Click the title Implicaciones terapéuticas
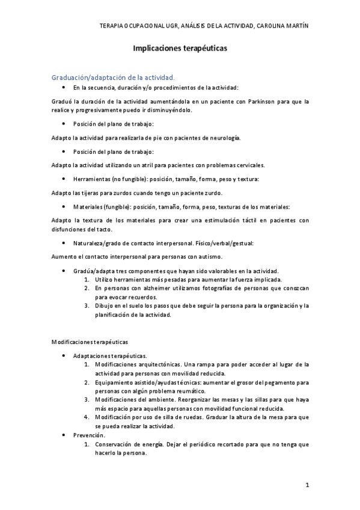[180, 51]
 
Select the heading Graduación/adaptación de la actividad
[114, 78]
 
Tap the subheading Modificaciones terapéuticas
[89, 342]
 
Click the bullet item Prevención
[90, 435]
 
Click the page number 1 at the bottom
[307, 485]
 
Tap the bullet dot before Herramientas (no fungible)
[64, 179]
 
